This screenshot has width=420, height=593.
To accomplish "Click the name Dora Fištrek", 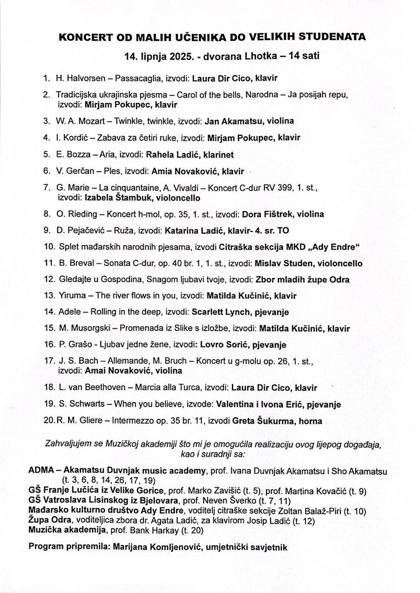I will pyautogui.click(x=268, y=214).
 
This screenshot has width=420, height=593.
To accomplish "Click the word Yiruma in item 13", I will pyautogui.click(x=71, y=295).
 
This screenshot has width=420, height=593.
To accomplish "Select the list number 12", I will pyautogui.click(x=49, y=279).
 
